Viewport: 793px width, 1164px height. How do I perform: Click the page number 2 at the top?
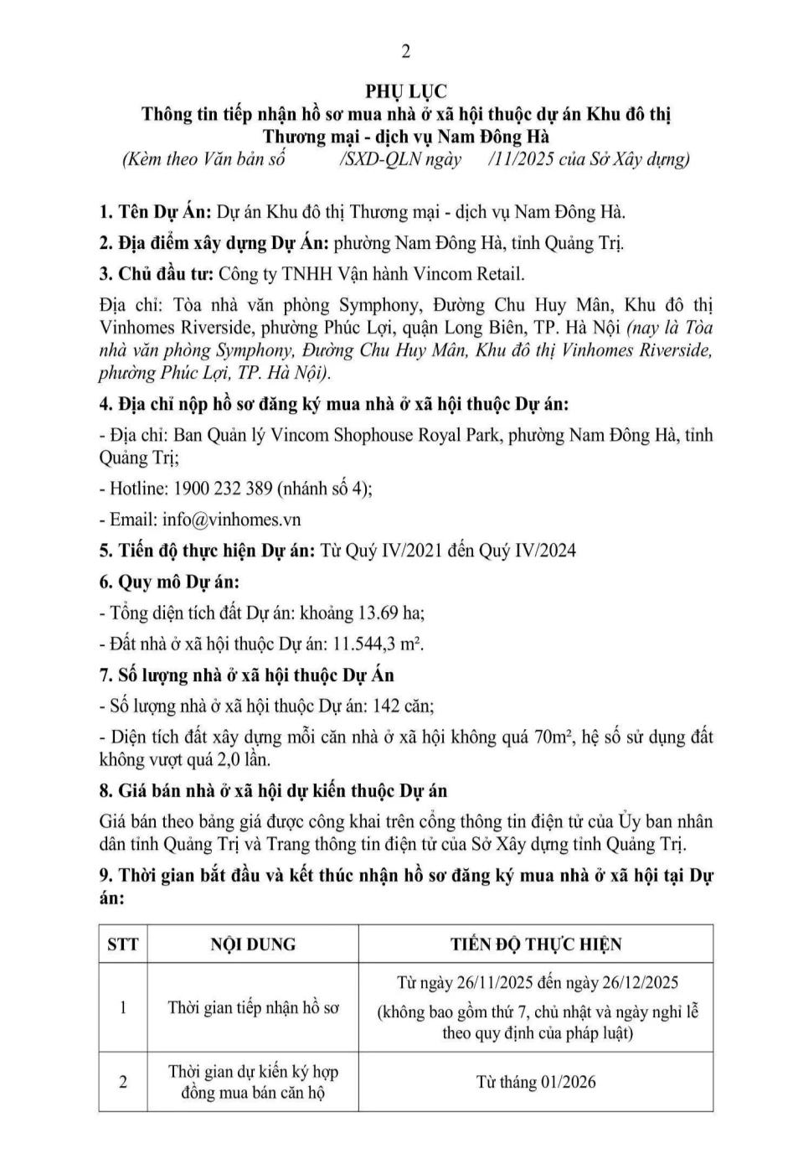point(406,52)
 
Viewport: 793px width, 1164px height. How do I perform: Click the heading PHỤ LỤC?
point(406,91)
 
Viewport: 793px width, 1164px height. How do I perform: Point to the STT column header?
point(123,944)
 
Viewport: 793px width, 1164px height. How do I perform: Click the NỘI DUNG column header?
point(253,944)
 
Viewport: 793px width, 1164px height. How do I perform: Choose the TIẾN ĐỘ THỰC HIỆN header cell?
point(536,944)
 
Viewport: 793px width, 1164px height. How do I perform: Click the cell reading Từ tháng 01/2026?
point(536,1082)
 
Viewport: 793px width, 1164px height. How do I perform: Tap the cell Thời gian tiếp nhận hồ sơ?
point(253,1007)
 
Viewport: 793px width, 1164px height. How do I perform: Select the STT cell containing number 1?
point(123,1007)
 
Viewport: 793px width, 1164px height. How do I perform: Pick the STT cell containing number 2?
point(123,1082)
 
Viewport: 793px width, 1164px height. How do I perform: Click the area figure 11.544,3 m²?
point(378,644)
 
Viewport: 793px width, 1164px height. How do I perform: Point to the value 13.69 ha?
point(391,613)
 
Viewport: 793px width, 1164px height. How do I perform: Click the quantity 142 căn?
point(403,706)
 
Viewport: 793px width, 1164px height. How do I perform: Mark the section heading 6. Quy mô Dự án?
point(169,582)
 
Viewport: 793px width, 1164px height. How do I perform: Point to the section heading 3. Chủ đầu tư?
point(156,274)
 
